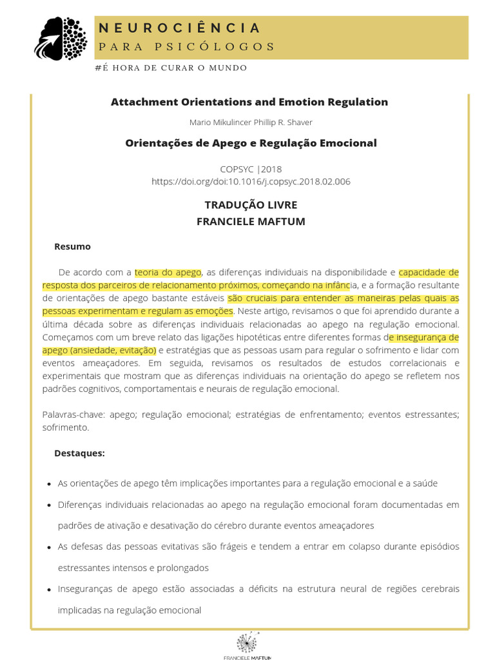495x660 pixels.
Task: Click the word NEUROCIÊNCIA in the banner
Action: click(x=179, y=28)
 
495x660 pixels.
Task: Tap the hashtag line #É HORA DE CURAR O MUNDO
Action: click(x=170, y=68)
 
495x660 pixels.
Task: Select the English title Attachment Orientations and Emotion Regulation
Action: click(x=249, y=102)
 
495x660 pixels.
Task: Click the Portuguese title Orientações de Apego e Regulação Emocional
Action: click(x=251, y=143)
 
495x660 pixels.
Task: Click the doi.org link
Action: click(x=251, y=182)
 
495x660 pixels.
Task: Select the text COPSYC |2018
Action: click(x=251, y=170)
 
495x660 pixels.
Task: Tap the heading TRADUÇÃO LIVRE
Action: click(x=251, y=205)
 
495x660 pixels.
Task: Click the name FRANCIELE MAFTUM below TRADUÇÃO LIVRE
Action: click(x=251, y=222)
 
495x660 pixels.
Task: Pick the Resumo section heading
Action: click(x=72, y=246)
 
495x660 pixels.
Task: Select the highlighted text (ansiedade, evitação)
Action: click(x=117, y=351)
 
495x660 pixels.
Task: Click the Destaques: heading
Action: click(x=79, y=453)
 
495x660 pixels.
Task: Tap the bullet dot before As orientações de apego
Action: click(x=50, y=484)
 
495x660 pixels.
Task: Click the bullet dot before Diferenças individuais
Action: click(x=50, y=505)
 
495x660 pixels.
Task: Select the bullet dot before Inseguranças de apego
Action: click(x=50, y=590)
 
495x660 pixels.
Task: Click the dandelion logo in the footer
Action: click(x=247, y=642)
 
